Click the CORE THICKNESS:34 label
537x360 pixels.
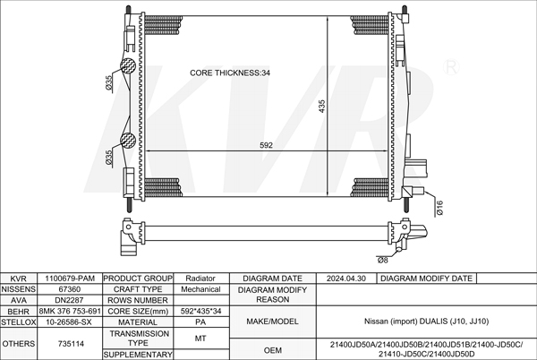click(x=230, y=73)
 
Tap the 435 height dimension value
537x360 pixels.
click(x=321, y=107)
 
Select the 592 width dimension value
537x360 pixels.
click(x=266, y=145)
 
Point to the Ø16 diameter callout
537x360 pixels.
click(x=439, y=208)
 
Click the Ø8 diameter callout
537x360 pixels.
click(x=383, y=260)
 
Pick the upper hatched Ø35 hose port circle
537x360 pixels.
click(x=128, y=65)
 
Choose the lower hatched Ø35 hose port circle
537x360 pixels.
click(x=128, y=141)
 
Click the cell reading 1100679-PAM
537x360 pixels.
click(x=70, y=279)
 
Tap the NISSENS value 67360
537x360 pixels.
click(x=70, y=289)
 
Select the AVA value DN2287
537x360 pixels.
click(x=69, y=300)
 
